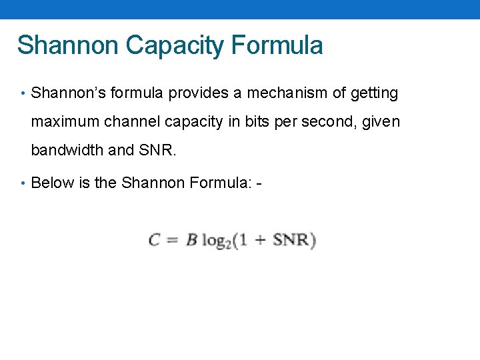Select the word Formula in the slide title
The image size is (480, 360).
tap(277, 45)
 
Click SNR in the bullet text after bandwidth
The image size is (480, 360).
tap(157, 150)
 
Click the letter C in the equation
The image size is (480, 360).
tap(155, 240)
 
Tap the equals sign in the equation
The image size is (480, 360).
tap(171, 241)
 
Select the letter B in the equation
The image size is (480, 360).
tap(191, 240)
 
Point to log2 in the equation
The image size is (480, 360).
tap(216, 241)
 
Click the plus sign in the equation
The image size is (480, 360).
tap(261, 241)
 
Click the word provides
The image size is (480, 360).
tap(198, 93)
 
